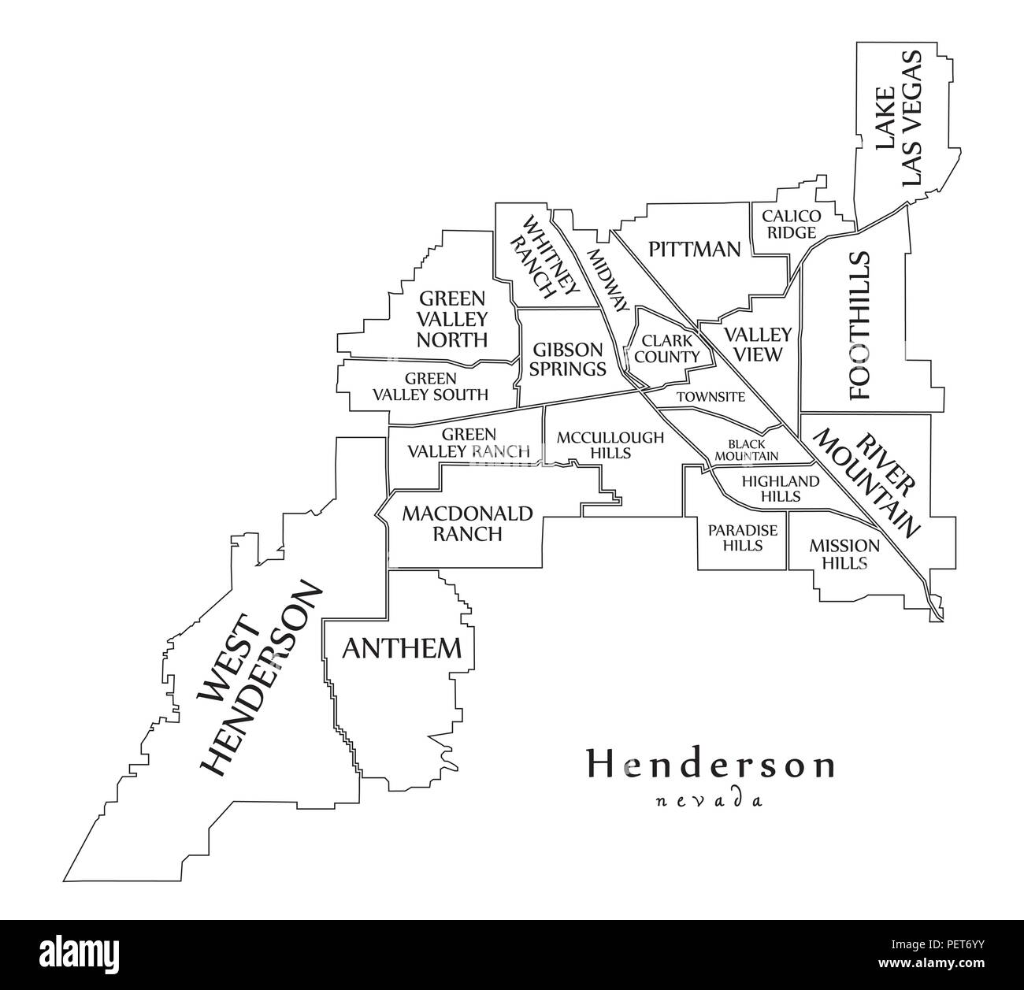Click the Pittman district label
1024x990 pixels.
click(694, 250)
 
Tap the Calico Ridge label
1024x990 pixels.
click(790, 224)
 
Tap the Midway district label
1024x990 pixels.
click(607, 280)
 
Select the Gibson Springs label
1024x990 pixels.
click(568, 358)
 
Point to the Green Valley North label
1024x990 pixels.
click(452, 319)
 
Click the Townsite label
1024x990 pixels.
click(710, 397)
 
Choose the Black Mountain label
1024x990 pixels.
click(745, 450)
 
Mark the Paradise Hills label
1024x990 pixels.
click(742, 537)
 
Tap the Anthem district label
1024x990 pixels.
click(401, 648)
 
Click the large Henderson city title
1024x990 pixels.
click(709, 765)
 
